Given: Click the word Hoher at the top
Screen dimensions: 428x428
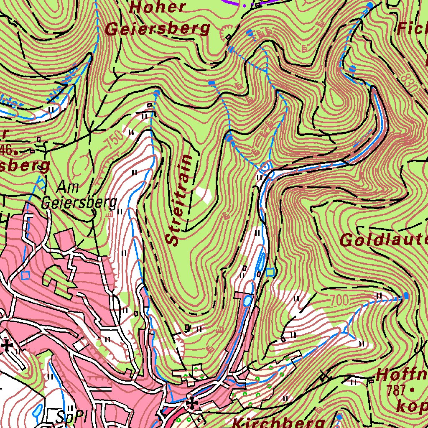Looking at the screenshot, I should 158,7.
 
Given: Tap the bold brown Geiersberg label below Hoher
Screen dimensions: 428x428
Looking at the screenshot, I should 157,29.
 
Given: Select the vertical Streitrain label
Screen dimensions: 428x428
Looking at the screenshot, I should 179,200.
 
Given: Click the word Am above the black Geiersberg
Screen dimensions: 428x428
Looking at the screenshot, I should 69,186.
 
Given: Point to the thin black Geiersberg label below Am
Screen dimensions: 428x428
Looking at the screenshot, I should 79,203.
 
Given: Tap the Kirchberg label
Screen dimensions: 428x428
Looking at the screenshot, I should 278,421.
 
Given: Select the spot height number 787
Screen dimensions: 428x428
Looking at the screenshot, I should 396,390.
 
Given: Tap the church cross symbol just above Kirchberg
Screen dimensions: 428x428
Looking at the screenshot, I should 192,403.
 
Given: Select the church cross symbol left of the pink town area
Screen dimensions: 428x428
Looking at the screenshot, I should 7,346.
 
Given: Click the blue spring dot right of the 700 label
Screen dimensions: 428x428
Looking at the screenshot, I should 405,296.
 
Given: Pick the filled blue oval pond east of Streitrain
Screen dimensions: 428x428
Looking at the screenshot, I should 248,300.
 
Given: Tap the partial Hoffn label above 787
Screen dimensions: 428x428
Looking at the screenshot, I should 401,375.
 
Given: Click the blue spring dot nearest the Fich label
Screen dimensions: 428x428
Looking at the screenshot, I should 370,5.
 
